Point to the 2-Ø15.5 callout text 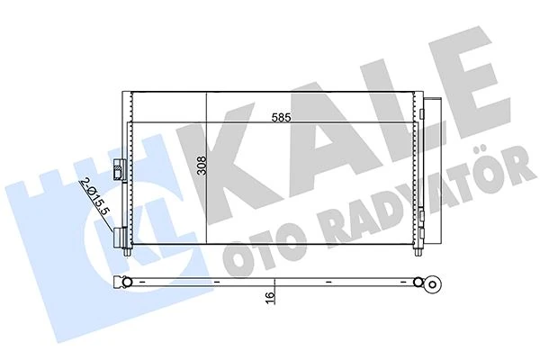tap(95, 195)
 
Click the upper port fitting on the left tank tap(119, 167)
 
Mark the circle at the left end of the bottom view tap(127, 284)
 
